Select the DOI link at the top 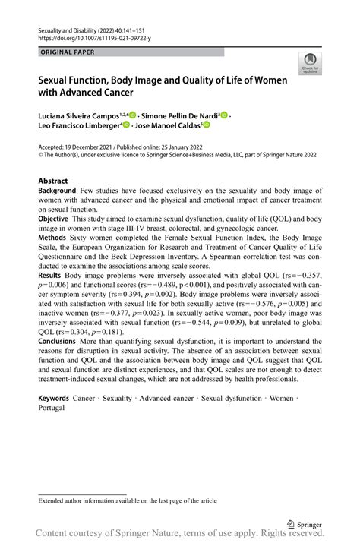click(x=90, y=36)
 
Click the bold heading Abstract click(x=53, y=181)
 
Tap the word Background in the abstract click(x=57, y=191)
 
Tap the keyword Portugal click(x=52, y=407)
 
